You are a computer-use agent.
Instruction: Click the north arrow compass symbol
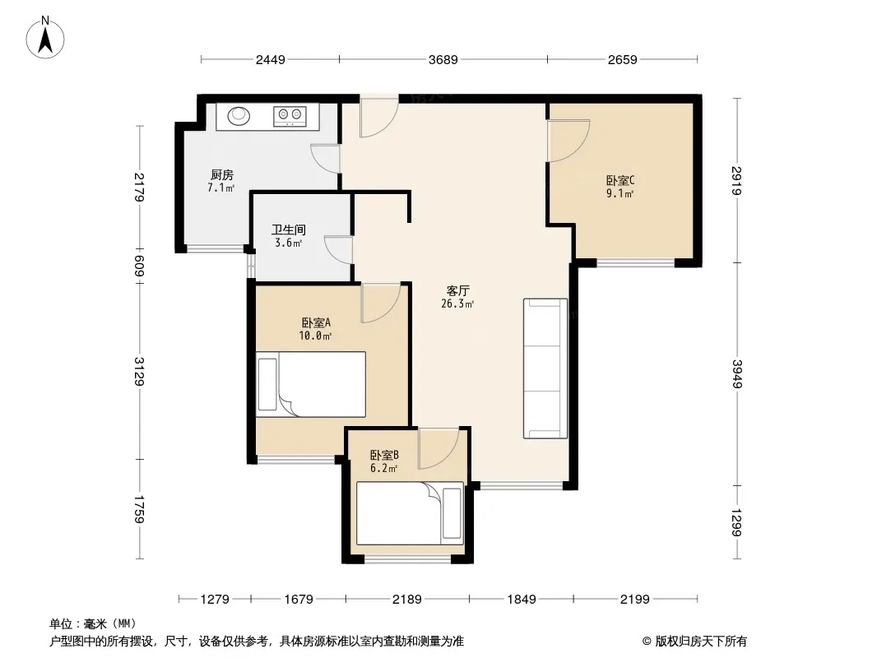45,38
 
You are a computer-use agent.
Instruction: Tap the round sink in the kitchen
239,116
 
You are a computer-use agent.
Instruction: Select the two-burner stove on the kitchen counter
290,115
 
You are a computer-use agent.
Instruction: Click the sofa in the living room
545,368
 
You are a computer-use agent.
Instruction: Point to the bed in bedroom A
311,384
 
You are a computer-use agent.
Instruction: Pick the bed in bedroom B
410,513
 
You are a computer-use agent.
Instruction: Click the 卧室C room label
620,181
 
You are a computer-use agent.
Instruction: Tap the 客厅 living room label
457,290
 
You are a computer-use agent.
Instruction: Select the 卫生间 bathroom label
289,229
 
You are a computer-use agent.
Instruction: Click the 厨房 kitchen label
221,175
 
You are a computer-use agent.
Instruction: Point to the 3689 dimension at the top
443,59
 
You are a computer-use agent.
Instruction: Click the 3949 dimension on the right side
737,374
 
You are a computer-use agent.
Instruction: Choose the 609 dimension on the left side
139,266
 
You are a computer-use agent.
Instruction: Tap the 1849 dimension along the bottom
522,600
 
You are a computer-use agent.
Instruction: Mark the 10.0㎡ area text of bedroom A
315,336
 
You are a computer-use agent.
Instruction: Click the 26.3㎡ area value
457,304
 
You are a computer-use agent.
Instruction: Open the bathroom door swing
339,250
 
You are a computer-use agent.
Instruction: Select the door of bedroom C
568,141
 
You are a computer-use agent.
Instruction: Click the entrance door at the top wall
378,116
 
